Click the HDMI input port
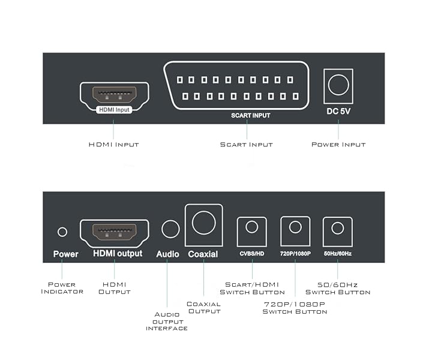(x=113, y=94)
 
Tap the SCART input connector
(x=238, y=86)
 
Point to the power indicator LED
(x=62, y=232)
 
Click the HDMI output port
(x=113, y=231)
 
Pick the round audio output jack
(x=170, y=229)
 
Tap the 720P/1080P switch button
(x=295, y=228)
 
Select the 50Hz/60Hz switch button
(x=337, y=228)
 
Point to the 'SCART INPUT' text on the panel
(x=251, y=115)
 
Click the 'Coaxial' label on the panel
(x=203, y=254)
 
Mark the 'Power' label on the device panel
(x=65, y=254)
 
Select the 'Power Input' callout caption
(x=338, y=145)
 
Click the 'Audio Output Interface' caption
(x=167, y=321)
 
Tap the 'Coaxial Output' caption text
(x=204, y=308)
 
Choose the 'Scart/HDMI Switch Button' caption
(x=252, y=288)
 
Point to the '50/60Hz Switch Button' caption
(x=338, y=288)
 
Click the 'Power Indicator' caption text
(x=61, y=287)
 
